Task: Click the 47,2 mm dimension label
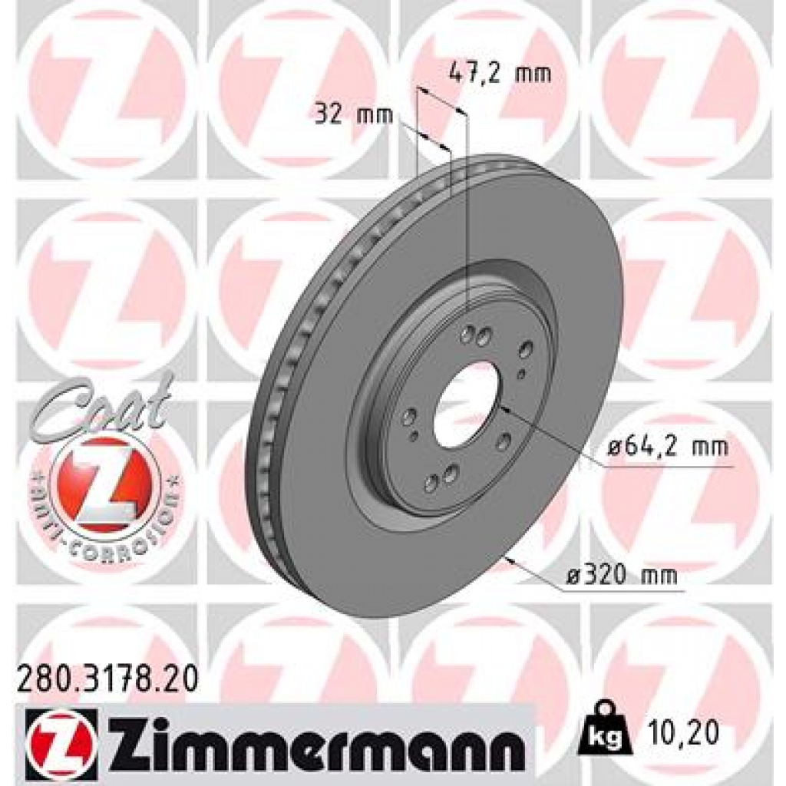pyautogui.click(x=499, y=74)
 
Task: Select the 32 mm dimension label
pyautogui.click(x=354, y=115)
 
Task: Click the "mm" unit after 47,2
pyautogui.click(x=533, y=74)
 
